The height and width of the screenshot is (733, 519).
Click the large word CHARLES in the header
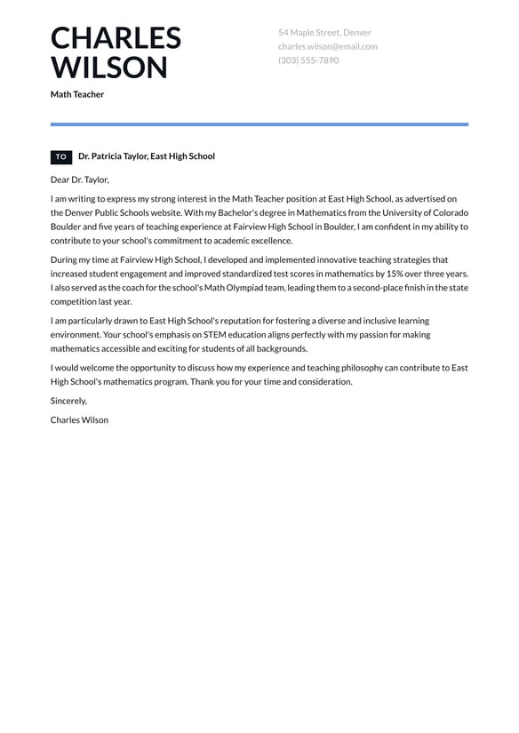point(116,38)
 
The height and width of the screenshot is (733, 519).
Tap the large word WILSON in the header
point(108,68)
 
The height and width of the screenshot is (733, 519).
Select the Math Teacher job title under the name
point(77,94)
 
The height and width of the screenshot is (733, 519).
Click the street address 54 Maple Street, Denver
point(324,33)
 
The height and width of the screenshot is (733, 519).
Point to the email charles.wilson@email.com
point(327,46)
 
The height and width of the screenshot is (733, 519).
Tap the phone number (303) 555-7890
point(308,60)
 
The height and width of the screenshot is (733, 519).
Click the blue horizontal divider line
point(259,124)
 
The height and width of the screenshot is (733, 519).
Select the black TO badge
point(61,156)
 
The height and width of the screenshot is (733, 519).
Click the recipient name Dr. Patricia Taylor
point(112,156)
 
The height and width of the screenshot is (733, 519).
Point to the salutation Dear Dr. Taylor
point(80,179)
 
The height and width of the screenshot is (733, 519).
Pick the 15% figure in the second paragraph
point(395,275)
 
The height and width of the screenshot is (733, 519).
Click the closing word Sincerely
point(68,401)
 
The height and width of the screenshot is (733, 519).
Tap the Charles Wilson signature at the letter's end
point(80,419)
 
